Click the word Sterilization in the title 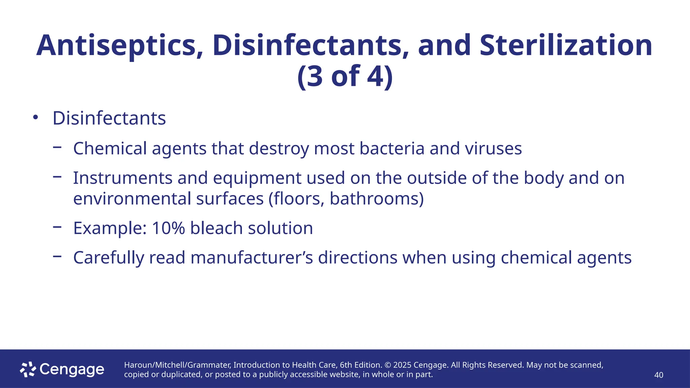(x=566, y=45)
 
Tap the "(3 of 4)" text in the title (x=345, y=76)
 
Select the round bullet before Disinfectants (x=35, y=118)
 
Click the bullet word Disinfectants (x=109, y=118)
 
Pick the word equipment (x=257, y=179)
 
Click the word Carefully (x=109, y=258)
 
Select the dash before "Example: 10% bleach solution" (x=57, y=227)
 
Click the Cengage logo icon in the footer (x=28, y=369)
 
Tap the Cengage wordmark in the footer (x=72, y=370)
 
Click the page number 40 (x=659, y=375)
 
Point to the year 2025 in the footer (x=402, y=365)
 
